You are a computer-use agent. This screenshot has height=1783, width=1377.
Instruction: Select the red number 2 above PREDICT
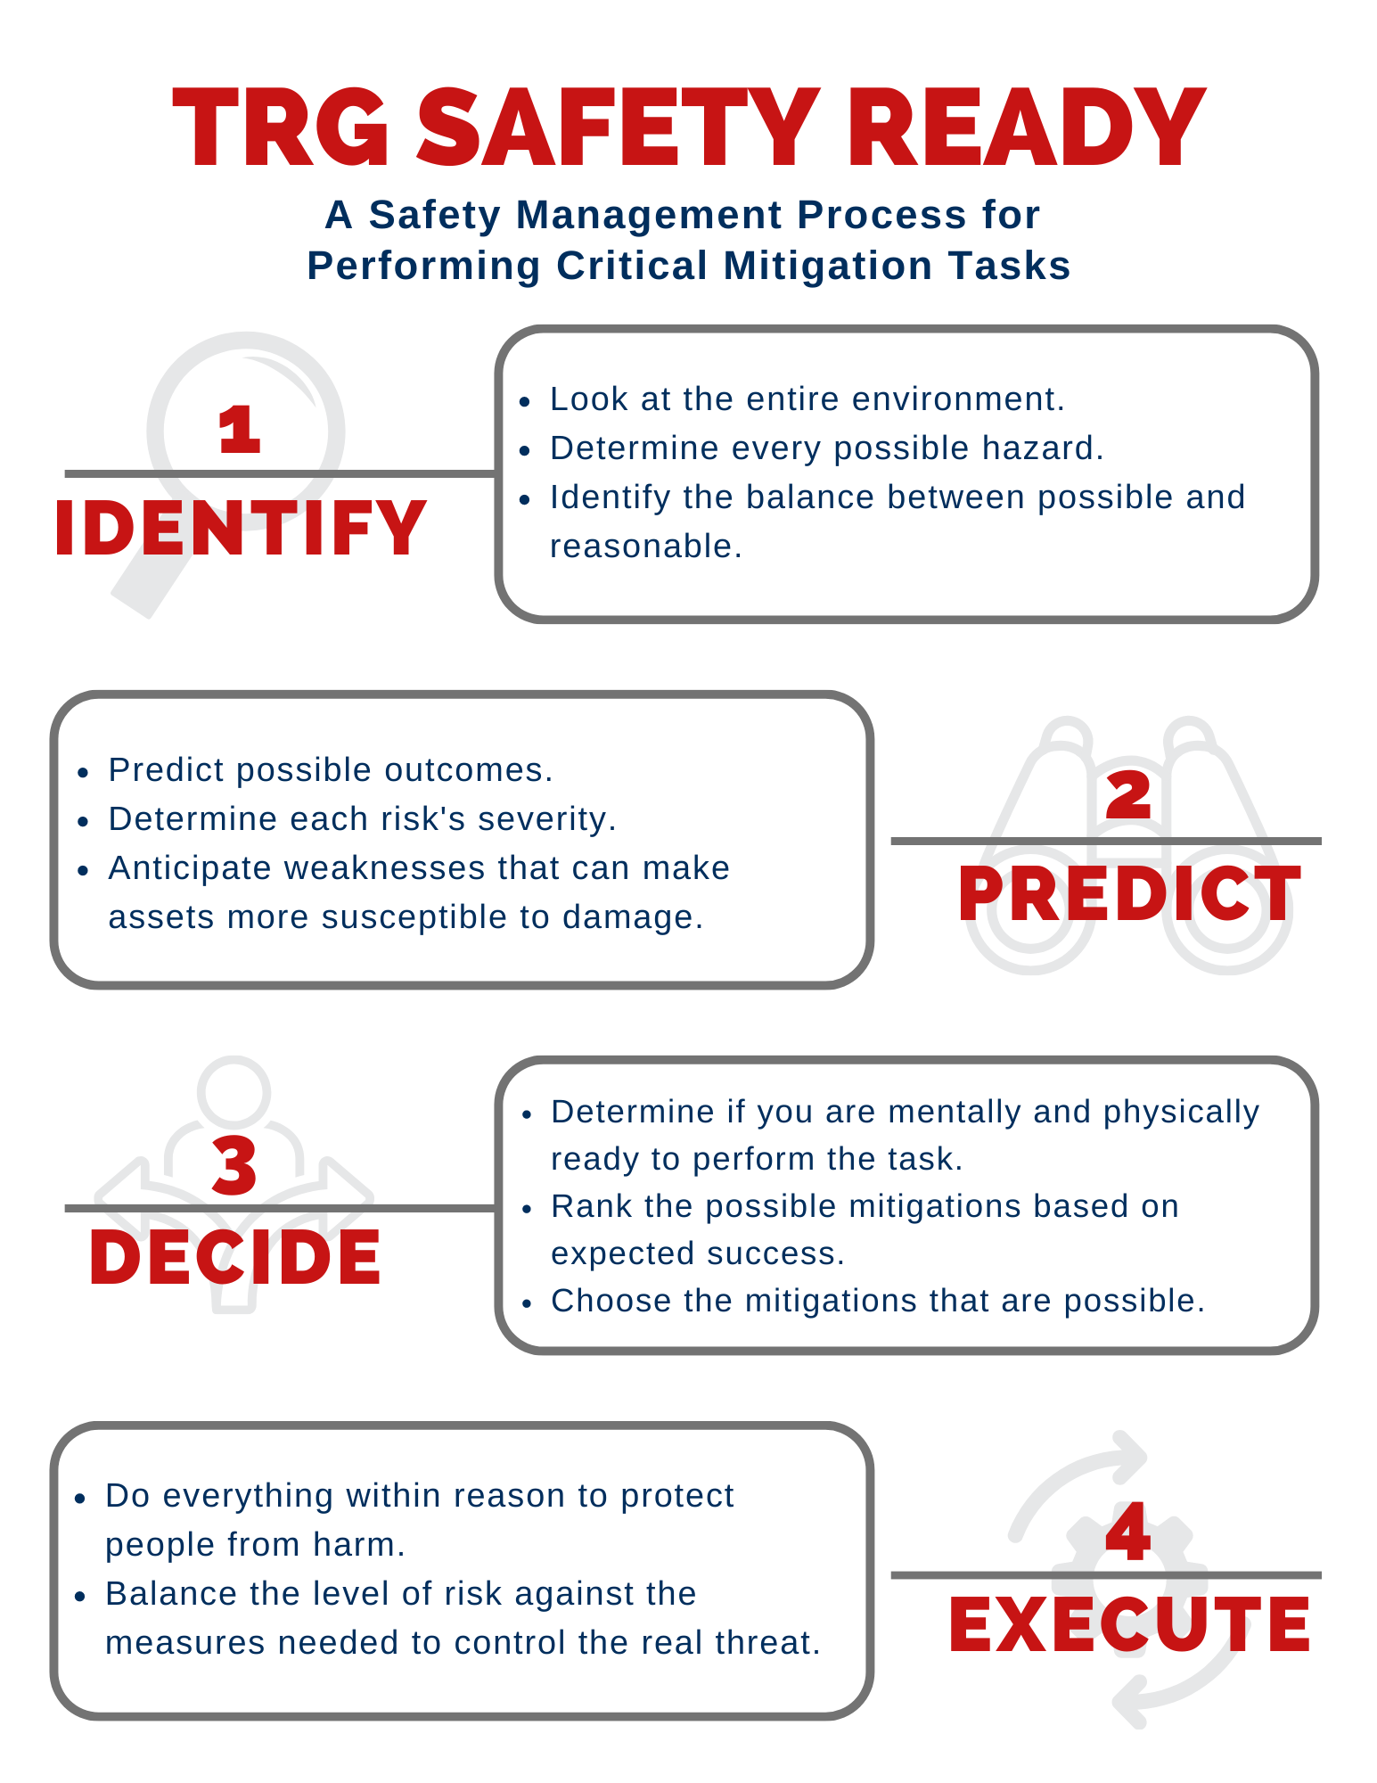coord(1128,795)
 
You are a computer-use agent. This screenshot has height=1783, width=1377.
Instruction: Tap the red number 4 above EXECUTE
coord(1127,1532)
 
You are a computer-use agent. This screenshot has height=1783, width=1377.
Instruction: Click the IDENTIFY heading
coord(240,529)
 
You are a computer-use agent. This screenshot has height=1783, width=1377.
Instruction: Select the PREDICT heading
coord(1128,894)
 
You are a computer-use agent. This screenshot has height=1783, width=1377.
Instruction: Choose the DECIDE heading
coord(235,1258)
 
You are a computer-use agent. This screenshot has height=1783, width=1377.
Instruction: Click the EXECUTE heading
coord(1128,1625)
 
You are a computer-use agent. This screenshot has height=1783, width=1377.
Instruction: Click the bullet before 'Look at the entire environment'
coord(525,401)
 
